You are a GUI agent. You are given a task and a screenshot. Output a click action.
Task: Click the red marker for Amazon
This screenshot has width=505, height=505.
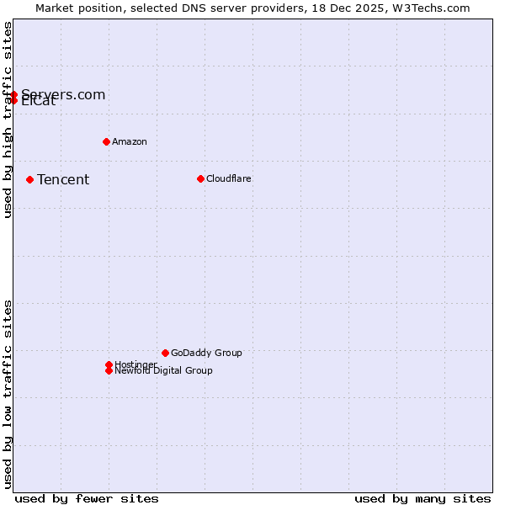(x=106, y=141)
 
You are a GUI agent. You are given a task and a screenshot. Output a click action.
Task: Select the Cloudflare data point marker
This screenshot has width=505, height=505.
(x=200, y=178)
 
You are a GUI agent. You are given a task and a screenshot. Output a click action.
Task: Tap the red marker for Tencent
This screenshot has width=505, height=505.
(x=29, y=179)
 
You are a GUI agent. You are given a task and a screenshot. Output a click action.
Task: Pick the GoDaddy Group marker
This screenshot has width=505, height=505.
(x=165, y=353)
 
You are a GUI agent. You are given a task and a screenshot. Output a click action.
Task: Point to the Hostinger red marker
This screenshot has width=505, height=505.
(x=109, y=364)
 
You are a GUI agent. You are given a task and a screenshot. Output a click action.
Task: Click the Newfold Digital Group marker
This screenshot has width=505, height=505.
(x=109, y=370)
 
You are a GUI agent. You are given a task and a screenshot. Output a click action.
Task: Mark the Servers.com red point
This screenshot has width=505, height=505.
(x=13, y=94)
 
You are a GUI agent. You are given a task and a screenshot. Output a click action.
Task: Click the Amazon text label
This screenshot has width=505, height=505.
(x=129, y=141)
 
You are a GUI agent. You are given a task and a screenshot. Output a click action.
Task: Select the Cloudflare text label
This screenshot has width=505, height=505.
(x=228, y=178)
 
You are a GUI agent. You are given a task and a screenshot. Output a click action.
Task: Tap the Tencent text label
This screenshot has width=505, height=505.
(x=63, y=179)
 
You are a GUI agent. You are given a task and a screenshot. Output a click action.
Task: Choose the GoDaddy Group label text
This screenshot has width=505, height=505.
(x=206, y=353)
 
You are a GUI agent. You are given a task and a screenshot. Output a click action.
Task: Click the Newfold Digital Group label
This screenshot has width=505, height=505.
(x=163, y=371)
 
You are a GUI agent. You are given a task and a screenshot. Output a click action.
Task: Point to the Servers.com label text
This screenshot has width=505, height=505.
(x=63, y=94)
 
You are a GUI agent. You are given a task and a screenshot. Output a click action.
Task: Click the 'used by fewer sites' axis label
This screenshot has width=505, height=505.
(x=87, y=498)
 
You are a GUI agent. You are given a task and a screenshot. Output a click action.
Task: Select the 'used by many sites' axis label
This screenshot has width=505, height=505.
(x=423, y=498)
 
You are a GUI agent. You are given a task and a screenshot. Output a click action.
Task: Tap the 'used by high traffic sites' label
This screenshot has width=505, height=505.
(x=8, y=120)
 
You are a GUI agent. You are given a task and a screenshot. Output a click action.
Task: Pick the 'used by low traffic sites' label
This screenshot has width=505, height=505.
(x=8, y=394)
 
